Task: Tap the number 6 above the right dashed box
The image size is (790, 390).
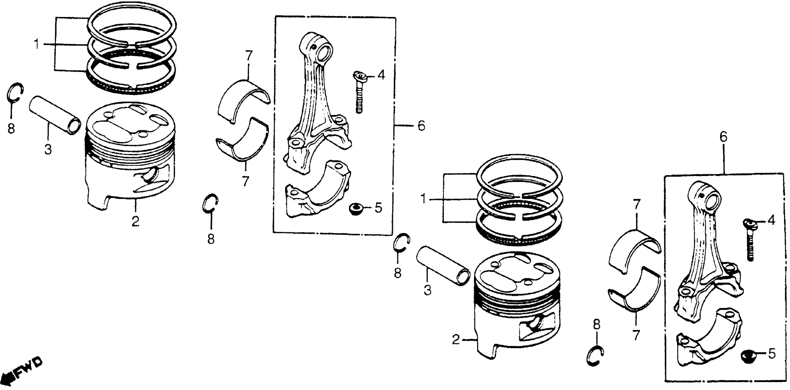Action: (x=723, y=138)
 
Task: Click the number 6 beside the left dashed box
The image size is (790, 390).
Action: (x=421, y=126)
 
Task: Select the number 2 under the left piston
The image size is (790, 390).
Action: (x=135, y=221)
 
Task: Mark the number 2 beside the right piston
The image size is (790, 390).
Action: (x=456, y=340)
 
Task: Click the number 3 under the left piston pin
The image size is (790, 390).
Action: (x=48, y=150)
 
